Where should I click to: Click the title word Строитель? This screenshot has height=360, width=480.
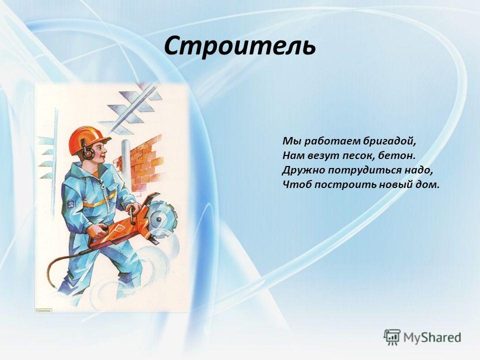[x=239, y=46]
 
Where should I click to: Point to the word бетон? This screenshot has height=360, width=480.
[x=396, y=155]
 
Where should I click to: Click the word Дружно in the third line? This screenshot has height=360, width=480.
[x=303, y=170]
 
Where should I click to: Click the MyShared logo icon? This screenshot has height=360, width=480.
[x=392, y=337]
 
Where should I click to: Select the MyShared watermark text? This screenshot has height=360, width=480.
[x=432, y=337]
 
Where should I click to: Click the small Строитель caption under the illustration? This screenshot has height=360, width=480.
[x=43, y=310]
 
